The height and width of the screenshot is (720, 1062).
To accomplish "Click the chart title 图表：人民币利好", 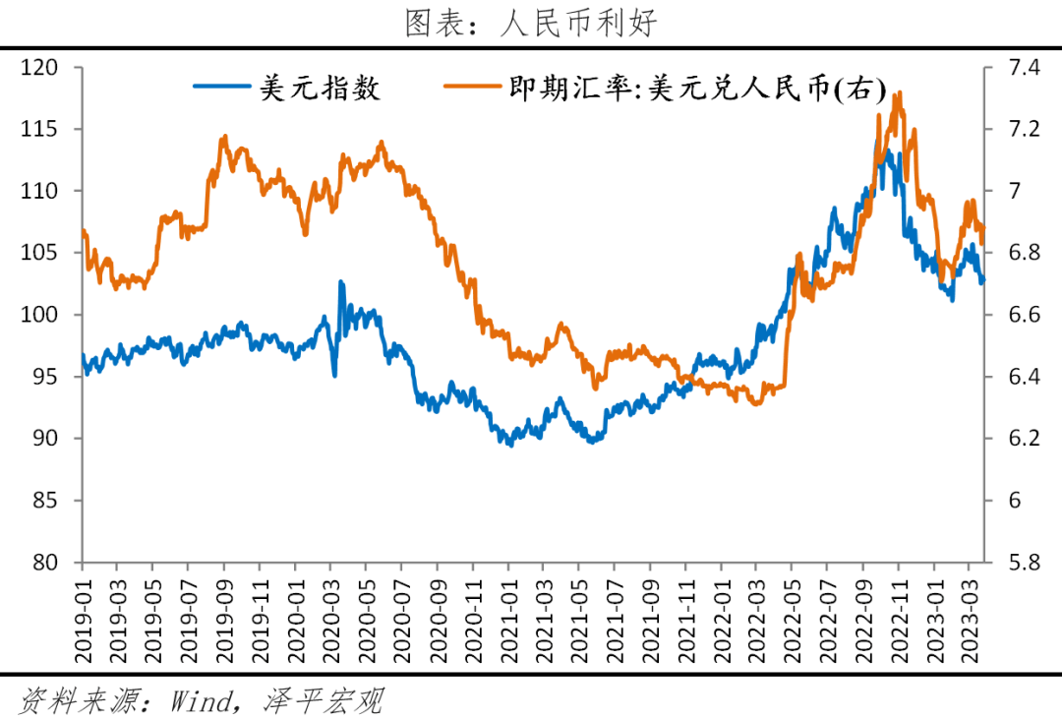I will [x=530, y=23].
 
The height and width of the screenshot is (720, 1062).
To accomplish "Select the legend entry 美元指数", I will [x=287, y=90].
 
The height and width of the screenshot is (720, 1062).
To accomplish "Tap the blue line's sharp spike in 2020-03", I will [x=341, y=282].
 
